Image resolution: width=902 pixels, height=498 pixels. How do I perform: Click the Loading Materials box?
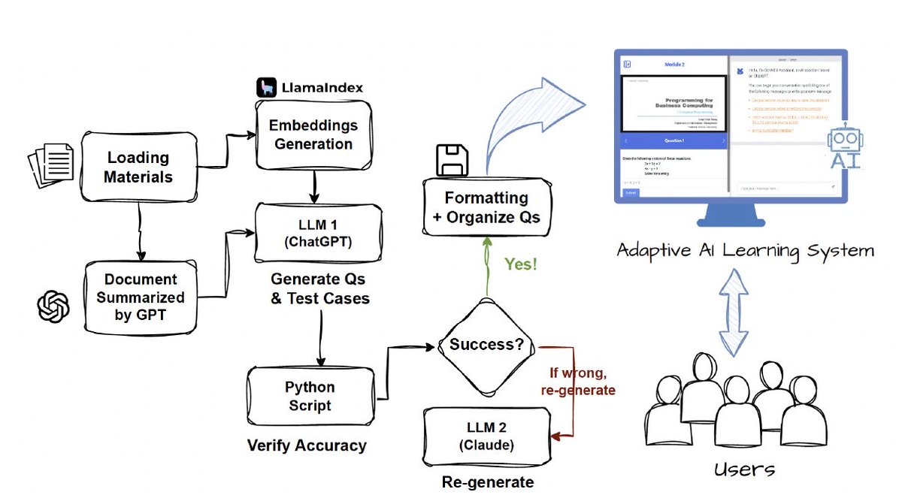[x=138, y=168]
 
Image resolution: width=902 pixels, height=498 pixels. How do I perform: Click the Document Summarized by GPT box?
[x=141, y=297]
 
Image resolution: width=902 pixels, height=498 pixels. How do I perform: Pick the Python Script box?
[x=310, y=396]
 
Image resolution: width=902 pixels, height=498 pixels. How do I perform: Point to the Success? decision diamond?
[x=486, y=345]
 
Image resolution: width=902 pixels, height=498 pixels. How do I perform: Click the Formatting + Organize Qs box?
[x=486, y=208]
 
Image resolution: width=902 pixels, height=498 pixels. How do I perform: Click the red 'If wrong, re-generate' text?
[x=578, y=382]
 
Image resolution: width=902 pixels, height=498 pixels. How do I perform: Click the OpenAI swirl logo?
[x=53, y=306]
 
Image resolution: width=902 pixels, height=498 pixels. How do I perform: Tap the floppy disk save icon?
[x=452, y=159]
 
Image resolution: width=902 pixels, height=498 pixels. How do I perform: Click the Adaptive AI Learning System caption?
[x=745, y=250]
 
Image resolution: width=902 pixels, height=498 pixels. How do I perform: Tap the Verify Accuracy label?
[x=307, y=445]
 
